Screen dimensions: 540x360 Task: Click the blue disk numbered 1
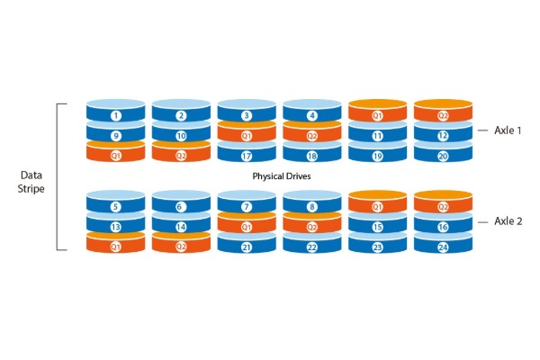click(x=116, y=111)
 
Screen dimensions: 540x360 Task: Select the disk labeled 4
click(x=312, y=111)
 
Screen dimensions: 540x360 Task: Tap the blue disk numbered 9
click(x=116, y=132)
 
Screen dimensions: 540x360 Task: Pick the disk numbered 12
click(x=443, y=132)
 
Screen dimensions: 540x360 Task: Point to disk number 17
click(x=247, y=153)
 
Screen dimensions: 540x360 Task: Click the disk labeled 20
click(x=443, y=153)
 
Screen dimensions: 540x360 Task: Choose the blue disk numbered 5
click(x=116, y=202)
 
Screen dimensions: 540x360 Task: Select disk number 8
click(x=312, y=202)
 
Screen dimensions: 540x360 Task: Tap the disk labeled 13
click(x=116, y=223)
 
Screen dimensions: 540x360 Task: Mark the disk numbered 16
click(x=443, y=223)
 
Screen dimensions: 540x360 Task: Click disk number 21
click(x=247, y=244)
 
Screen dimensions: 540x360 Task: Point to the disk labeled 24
click(x=443, y=244)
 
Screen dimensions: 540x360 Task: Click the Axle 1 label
click(x=508, y=130)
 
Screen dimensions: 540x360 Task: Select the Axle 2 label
click(x=508, y=221)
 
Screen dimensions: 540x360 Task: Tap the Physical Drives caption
click(x=282, y=176)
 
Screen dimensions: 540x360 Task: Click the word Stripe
click(x=31, y=189)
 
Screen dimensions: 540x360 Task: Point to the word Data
click(x=31, y=175)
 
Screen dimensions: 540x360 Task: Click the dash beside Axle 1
click(x=482, y=130)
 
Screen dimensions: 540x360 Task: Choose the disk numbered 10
click(x=181, y=132)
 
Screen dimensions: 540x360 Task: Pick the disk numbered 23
click(x=377, y=244)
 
